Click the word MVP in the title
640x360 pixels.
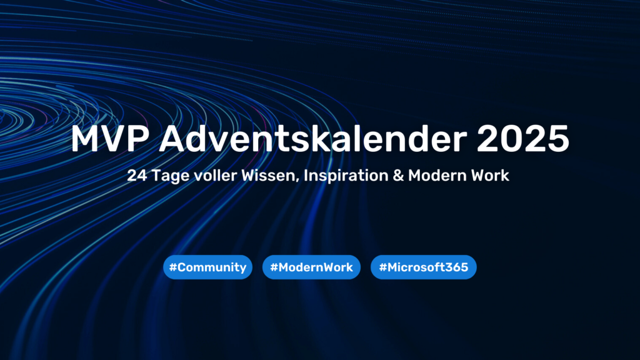pos(109,139)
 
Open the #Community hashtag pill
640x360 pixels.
pos(207,267)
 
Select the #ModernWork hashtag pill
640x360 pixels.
pos(311,267)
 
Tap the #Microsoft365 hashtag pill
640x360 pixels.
pos(424,267)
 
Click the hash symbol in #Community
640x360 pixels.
pos(173,267)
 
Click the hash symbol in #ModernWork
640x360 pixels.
pos(274,267)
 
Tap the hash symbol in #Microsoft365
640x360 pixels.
pos(382,267)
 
